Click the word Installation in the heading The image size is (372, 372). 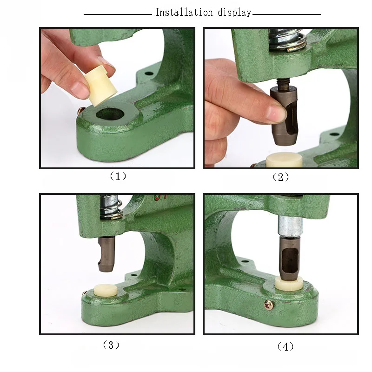[x=184, y=13]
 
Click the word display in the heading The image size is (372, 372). [x=234, y=13]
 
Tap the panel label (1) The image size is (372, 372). [x=118, y=176]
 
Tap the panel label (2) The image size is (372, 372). [x=281, y=177]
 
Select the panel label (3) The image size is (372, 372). [x=111, y=345]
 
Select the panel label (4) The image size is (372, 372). [x=285, y=347]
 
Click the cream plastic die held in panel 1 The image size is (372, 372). [x=100, y=86]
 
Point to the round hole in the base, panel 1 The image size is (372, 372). [x=110, y=114]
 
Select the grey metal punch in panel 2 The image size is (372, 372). [x=284, y=115]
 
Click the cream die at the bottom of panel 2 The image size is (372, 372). [x=284, y=160]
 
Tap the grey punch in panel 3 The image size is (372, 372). [x=106, y=254]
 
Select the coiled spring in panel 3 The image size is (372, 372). [x=111, y=207]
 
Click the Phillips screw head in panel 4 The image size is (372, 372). [x=269, y=305]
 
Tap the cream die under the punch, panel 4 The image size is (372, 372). [x=289, y=284]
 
